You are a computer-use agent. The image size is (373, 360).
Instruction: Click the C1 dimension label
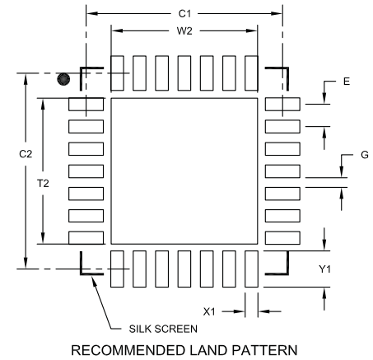185,14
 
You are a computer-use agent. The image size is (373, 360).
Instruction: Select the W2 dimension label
185,31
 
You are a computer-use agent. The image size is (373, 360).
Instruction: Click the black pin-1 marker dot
63,79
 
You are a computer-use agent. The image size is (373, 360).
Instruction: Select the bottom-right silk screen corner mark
280,269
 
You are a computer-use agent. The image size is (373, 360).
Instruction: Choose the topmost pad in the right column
282,105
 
